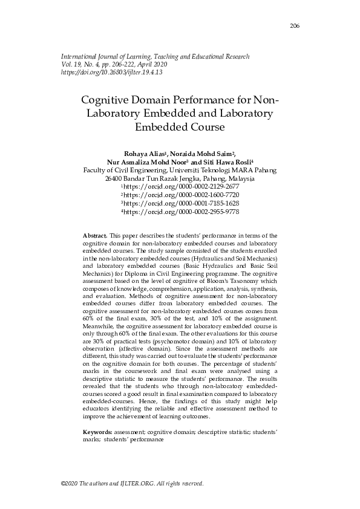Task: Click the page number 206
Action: pyautogui.click(x=295, y=25)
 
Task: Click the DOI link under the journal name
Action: pyautogui.click(x=111, y=72)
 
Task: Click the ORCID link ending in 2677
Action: pyautogui.click(x=180, y=187)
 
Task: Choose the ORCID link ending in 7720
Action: pyautogui.click(x=180, y=196)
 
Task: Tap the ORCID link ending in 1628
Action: pyautogui.click(x=180, y=204)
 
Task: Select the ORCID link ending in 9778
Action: pyautogui.click(x=180, y=212)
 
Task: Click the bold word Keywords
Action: pyautogui.click(x=96, y=433)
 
